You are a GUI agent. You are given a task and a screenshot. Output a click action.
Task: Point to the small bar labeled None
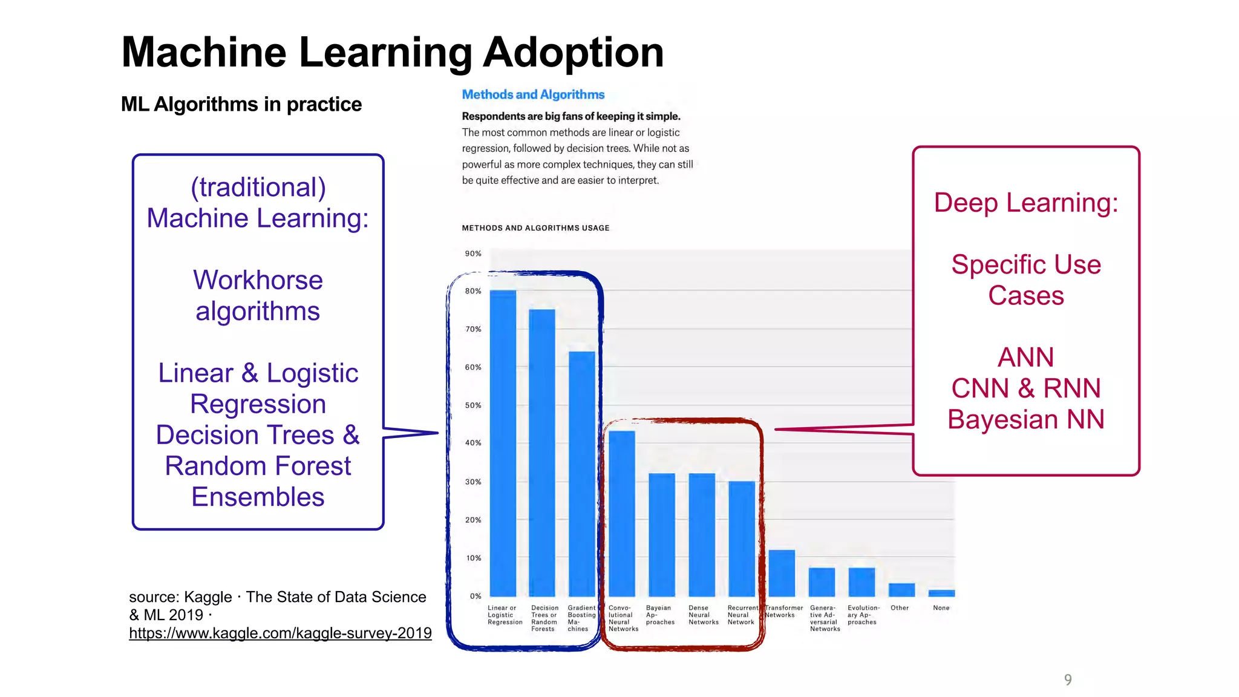[x=941, y=593]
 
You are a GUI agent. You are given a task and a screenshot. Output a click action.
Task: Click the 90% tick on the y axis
[x=473, y=254]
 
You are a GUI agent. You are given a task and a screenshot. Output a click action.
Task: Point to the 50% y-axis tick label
[x=473, y=405]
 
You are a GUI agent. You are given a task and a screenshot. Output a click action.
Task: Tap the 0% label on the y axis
[x=476, y=596]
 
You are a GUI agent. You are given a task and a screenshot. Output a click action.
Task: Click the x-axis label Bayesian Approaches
[x=659, y=615]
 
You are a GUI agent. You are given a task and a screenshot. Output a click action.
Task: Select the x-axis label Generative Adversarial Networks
[x=825, y=618]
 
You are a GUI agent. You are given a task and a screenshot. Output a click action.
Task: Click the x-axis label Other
[x=900, y=608]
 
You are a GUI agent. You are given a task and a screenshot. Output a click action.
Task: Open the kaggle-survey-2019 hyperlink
[x=280, y=633]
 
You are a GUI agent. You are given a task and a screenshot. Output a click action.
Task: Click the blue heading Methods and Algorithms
[x=533, y=94]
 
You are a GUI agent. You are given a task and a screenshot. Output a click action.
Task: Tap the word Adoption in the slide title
[x=573, y=52]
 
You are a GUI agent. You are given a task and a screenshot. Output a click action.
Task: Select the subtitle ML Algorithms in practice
[x=241, y=104]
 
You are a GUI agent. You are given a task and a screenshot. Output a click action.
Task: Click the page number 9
[x=1068, y=679]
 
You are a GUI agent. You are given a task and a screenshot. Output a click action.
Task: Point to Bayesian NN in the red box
[x=1025, y=419]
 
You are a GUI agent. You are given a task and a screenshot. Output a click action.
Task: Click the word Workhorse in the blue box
[x=258, y=280]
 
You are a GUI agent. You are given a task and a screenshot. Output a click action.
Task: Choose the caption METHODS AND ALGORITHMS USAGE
[x=535, y=228]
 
